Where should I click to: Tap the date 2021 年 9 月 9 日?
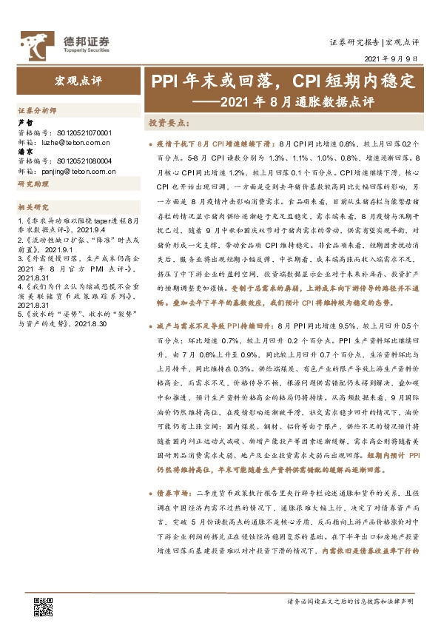(392, 58)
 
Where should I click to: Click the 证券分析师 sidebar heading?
(37, 110)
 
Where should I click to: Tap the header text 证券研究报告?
(354, 42)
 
